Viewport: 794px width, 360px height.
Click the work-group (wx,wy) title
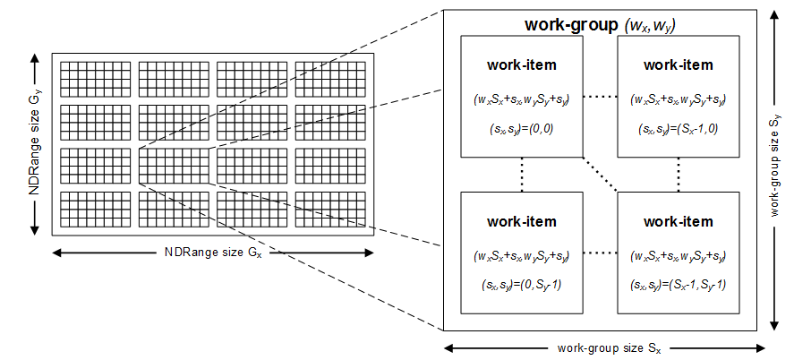pyautogui.click(x=599, y=23)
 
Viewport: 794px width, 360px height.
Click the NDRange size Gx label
pyautogui.click(x=213, y=252)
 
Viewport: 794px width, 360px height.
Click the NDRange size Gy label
pyautogui.click(x=33, y=143)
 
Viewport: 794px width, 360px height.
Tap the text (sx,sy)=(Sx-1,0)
pyautogui.click(x=678, y=128)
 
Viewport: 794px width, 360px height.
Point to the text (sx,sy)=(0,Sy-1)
pyautogui.click(x=522, y=285)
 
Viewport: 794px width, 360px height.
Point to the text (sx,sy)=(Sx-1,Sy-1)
pyautogui.click(x=678, y=285)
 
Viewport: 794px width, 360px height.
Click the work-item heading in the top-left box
pyautogui.click(x=522, y=64)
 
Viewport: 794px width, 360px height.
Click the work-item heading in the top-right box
pyautogui.click(x=678, y=64)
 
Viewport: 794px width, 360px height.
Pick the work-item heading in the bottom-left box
pyautogui.click(x=522, y=221)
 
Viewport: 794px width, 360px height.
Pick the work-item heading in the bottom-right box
pyautogui.click(x=678, y=221)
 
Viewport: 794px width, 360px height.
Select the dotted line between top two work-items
pyautogui.click(x=600, y=97)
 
